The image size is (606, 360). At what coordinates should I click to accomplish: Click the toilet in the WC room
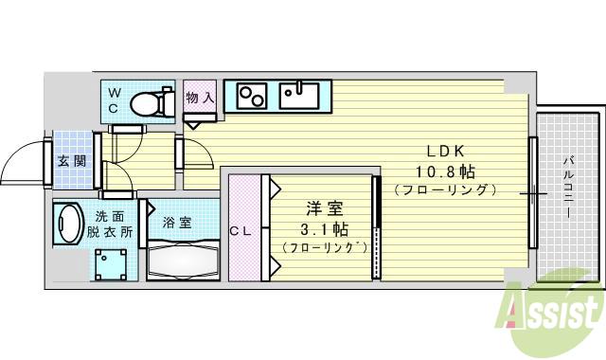(151, 101)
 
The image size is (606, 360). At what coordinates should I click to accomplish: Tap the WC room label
(114, 100)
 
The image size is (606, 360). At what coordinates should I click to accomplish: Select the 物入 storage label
(199, 98)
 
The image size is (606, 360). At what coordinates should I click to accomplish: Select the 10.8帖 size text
(443, 171)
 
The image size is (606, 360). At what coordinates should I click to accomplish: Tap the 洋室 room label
(322, 210)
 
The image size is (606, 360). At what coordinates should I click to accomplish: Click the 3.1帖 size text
(322, 229)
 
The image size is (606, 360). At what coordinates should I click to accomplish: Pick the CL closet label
(241, 229)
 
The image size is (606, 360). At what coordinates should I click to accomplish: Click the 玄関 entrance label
(71, 160)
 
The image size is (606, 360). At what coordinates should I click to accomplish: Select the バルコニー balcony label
(568, 189)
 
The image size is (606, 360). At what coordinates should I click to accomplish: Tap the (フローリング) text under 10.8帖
(444, 189)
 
